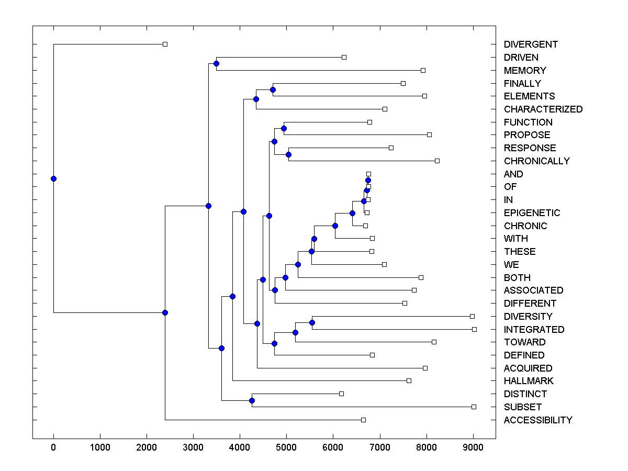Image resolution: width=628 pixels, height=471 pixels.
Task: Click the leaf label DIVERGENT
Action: (531, 44)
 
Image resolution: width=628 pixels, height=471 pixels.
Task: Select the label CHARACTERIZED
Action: (543, 109)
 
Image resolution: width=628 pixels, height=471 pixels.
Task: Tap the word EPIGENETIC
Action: (532, 213)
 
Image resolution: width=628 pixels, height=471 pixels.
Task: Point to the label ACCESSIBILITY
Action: (538, 420)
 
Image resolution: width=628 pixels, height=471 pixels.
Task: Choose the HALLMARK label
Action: (529, 381)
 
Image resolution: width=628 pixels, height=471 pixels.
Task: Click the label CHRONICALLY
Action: (536, 161)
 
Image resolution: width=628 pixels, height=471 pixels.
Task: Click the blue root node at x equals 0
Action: (53, 178)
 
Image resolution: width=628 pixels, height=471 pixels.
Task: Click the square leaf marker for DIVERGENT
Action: (165, 44)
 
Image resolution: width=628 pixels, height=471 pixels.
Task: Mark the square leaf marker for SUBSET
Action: (474, 407)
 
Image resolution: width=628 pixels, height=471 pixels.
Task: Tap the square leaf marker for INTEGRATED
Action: (474, 329)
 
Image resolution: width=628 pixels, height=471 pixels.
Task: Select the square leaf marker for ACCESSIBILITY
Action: (363, 420)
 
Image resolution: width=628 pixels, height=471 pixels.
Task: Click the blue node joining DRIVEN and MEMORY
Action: (216, 63)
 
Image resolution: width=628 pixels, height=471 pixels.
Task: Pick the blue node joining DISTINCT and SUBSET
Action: (252, 400)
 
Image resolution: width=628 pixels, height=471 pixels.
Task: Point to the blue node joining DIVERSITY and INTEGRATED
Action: (312, 322)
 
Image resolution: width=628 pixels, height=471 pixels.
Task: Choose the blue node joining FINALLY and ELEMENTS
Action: (273, 89)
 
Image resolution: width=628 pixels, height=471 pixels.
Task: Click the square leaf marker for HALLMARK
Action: (409, 380)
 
